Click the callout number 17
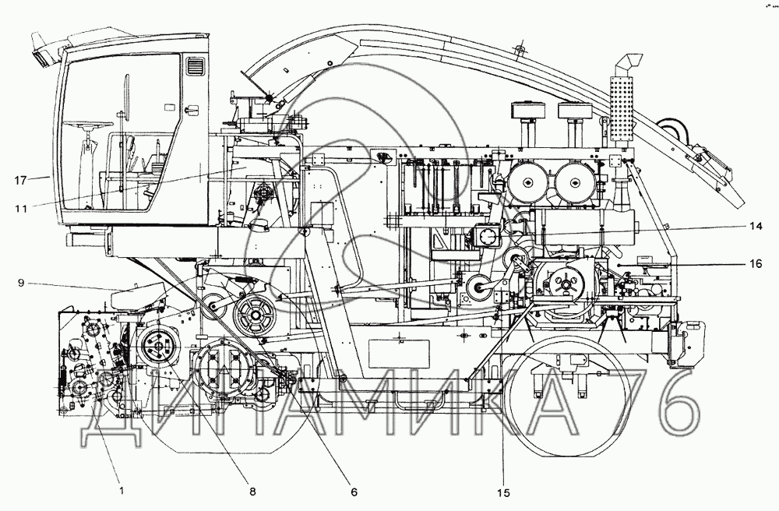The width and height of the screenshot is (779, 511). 21,181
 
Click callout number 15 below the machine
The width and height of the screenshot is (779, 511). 503,492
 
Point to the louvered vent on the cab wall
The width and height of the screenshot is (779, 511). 196,67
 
